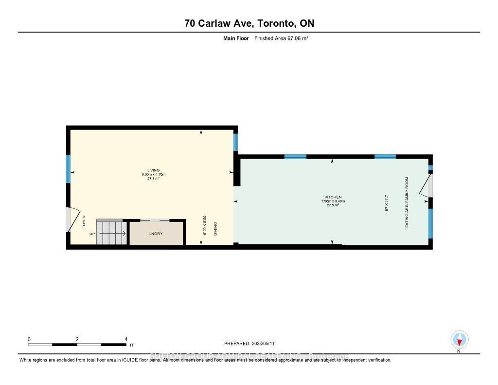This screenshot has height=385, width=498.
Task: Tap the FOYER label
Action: tap(84, 222)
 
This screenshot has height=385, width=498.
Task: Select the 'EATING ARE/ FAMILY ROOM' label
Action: tap(407, 202)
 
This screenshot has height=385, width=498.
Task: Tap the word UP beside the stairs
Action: tap(92, 234)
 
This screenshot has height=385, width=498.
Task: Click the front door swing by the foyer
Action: tap(71, 219)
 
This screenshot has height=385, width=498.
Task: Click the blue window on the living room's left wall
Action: tap(69, 169)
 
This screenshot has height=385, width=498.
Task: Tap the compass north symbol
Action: tap(459, 339)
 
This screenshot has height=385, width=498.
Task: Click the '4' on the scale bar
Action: tap(126, 339)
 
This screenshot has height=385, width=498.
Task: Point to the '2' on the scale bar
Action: tap(77, 339)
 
